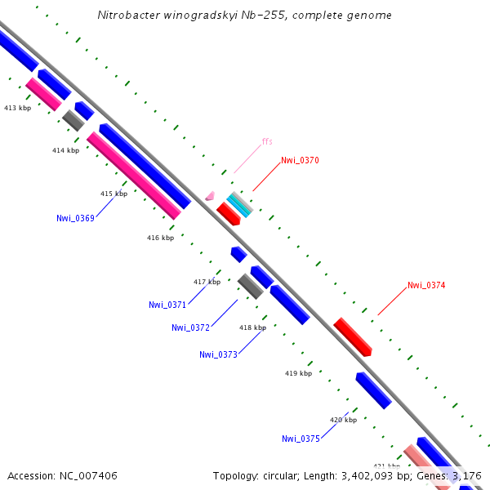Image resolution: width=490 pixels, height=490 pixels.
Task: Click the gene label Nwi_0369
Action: coord(75,218)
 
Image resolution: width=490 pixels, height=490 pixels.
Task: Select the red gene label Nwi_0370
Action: coord(300,160)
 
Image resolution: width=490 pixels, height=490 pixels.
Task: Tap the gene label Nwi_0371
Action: coord(167,305)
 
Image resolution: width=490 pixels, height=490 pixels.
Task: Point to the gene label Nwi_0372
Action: coord(190,327)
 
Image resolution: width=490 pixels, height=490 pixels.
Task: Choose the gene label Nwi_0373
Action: coord(218,354)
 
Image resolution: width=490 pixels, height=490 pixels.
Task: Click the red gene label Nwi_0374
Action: coord(426,286)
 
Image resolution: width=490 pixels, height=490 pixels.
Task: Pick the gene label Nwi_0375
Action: coord(301,439)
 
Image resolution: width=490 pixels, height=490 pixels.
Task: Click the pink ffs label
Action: coord(267,141)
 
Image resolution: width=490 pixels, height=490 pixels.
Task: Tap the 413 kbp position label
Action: coord(17,108)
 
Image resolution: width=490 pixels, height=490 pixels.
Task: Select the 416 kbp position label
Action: coord(160,238)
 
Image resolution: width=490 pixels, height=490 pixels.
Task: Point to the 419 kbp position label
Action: coord(298,373)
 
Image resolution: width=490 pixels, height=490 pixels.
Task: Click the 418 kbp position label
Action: coord(252,327)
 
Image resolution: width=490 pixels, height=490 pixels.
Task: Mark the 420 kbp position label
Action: coord(343,420)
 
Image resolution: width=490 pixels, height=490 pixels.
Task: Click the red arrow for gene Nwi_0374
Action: coord(353,336)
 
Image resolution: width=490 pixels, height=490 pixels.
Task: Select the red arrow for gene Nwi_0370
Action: coord(228,214)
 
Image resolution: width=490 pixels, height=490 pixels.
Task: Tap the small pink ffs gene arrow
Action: coord(210,196)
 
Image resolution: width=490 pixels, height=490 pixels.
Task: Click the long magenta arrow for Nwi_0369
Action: coord(134,176)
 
